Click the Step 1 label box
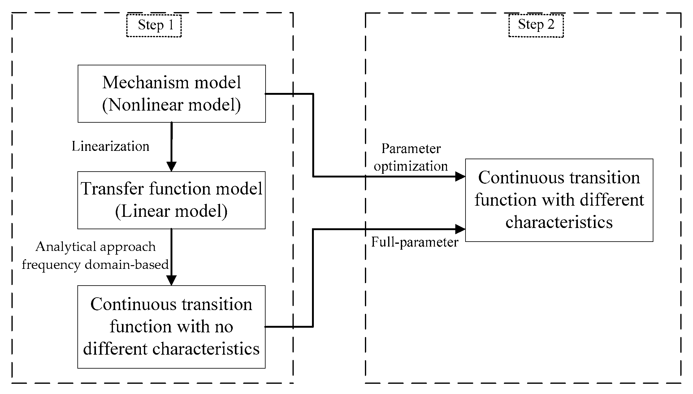(x=154, y=25)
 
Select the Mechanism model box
(x=171, y=94)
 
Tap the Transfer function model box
(x=171, y=200)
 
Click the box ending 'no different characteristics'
(x=171, y=327)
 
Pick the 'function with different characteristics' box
(x=559, y=200)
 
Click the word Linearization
(x=110, y=146)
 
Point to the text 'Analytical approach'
(x=96, y=247)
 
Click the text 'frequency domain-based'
(x=95, y=265)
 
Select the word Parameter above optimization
(x=411, y=149)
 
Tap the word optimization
(x=411, y=166)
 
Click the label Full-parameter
(x=414, y=242)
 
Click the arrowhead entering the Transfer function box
(x=171, y=166)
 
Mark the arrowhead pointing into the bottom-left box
(x=171, y=280)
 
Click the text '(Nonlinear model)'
(x=171, y=105)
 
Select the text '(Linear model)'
(x=171, y=212)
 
